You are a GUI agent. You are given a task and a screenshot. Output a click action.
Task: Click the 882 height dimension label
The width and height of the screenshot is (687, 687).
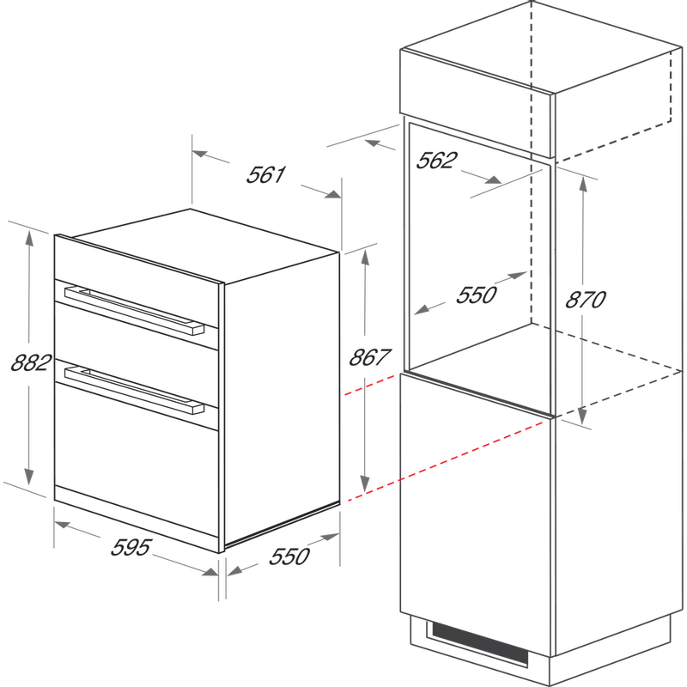[31, 362]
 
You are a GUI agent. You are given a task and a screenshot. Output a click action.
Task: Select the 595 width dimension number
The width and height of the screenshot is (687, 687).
[131, 547]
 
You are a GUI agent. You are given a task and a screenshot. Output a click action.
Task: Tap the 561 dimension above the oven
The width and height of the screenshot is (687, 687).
[266, 174]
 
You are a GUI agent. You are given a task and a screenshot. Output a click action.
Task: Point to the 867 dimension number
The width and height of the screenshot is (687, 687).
[369, 357]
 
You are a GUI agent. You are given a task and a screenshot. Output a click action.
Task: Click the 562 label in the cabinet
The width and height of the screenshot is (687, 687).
[436, 160]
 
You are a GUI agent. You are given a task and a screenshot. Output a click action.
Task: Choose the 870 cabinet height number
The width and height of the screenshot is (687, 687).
[586, 300]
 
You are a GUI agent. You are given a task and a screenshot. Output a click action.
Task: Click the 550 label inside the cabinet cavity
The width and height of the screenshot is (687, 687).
[477, 295]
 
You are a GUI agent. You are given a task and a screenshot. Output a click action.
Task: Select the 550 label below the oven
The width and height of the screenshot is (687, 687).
[289, 556]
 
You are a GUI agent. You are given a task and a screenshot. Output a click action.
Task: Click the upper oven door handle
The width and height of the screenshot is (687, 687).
[134, 310]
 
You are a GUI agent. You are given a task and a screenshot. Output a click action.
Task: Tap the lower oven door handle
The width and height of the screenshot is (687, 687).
[134, 390]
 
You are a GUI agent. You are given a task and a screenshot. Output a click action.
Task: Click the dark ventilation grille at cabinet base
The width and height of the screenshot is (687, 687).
[480, 643]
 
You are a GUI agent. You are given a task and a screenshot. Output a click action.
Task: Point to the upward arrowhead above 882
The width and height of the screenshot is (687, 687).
[29, 240]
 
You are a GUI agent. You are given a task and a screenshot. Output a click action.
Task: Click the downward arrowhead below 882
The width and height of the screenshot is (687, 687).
[29, 477]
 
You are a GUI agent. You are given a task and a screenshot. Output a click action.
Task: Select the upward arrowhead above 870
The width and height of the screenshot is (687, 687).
[583, 185]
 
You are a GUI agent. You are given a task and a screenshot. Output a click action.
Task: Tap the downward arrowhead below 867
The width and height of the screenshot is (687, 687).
[364, 483]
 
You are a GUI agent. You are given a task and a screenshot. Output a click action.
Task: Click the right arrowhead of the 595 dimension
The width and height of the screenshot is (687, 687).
[210, 571]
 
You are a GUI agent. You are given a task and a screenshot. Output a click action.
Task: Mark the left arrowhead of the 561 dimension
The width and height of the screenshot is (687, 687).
[200, 154]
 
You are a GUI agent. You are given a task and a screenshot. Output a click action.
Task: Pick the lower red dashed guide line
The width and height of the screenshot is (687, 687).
[446, 461]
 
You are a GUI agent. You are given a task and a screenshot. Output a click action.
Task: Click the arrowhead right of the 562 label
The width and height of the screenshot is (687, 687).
[493, 179]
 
